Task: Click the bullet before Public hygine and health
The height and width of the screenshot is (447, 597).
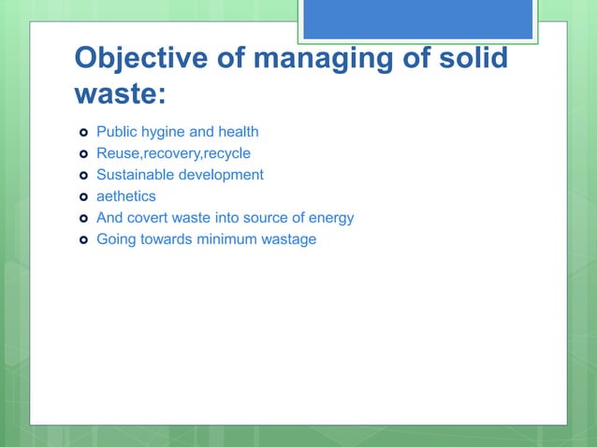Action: coord(83,132)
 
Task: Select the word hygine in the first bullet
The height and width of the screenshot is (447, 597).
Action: coord(164,132)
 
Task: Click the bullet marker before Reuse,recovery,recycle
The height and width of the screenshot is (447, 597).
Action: coord(83,153)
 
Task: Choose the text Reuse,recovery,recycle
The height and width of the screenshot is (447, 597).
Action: coord(173,153)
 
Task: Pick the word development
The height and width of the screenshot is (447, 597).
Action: coord(221,175)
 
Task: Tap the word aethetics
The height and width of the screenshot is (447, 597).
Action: coord(126,196)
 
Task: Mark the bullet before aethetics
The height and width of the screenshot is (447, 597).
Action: coord(83,196)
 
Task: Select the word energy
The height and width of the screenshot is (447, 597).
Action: coord(330,218)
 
